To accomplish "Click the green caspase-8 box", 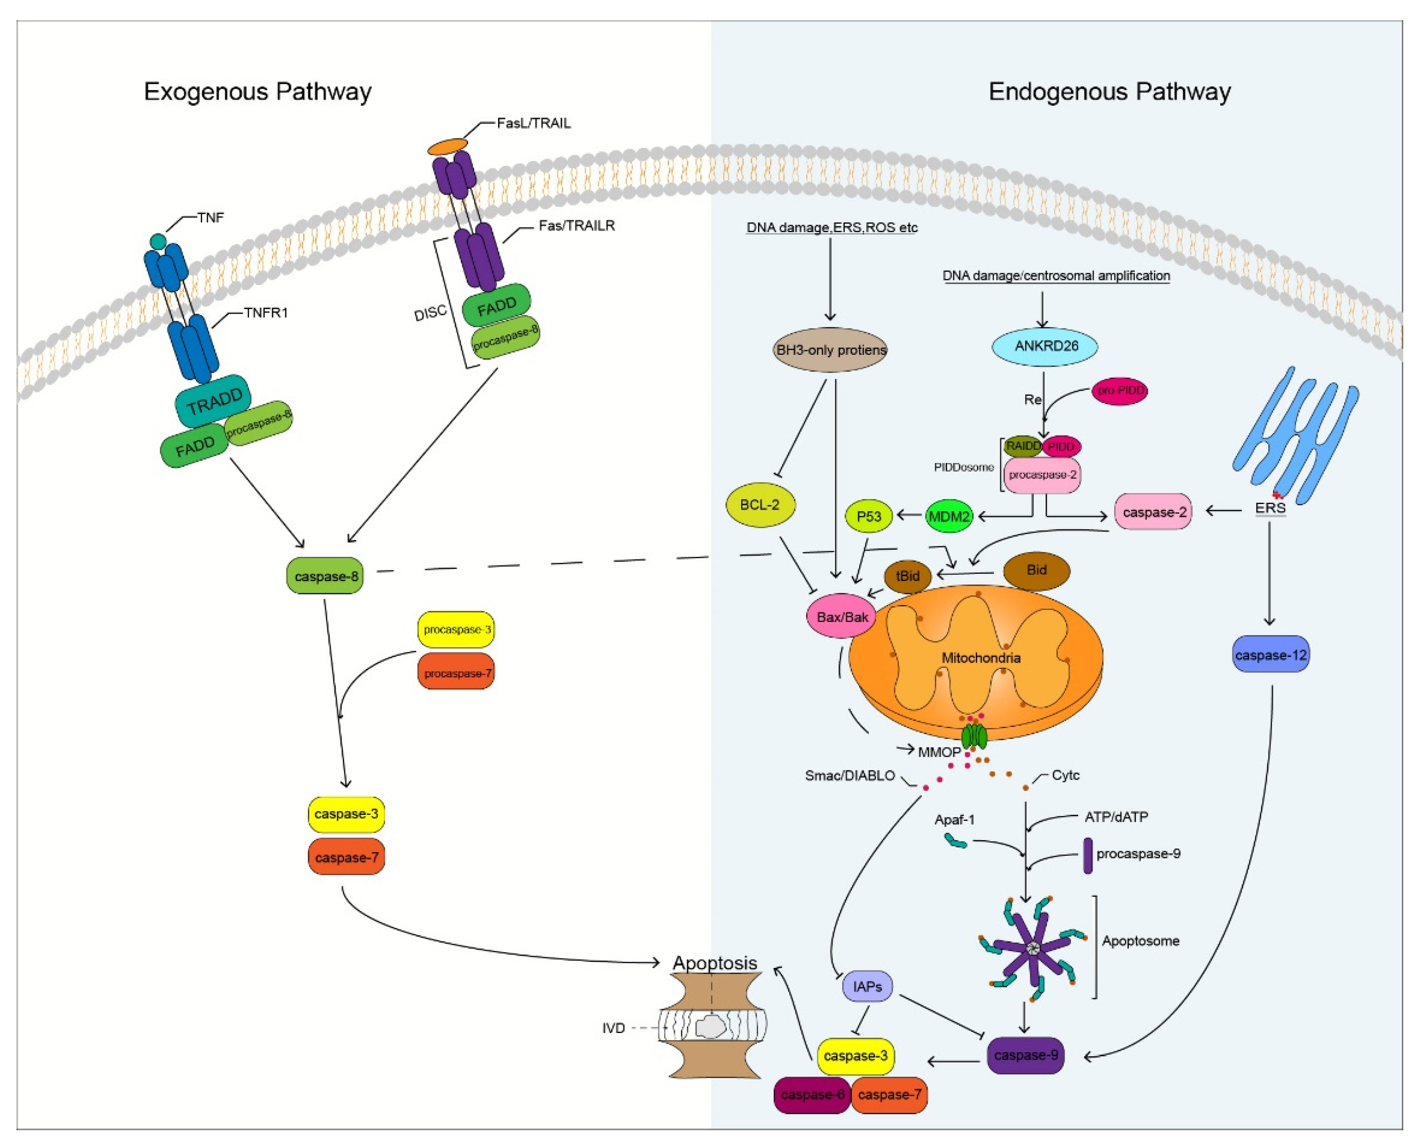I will pyautogui.click(x=325, y=576).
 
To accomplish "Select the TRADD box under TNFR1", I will pyautogui.click(x=213, y=401).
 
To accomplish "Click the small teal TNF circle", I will pyautogui.click(x=157, y=241).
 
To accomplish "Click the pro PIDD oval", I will pyautogui.click(x=1120, y=391).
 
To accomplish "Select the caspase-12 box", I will pyautogui.click(x=1270, y=655).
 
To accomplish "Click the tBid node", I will pyautogui.click(x=907, y=576).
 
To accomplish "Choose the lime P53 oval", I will pyautogui.click(x=868, y=516).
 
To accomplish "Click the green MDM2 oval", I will pyautogui.click(x=949, y=516).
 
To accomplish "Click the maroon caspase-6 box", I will pyautogui.click(x=812, y=1094).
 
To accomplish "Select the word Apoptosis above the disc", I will pyautogui.click(x=715, y=963).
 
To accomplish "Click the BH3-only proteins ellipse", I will pyautogui.click(x=830, y=350).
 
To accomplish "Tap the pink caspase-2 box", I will pyautogui.click(x=1153, y=512).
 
